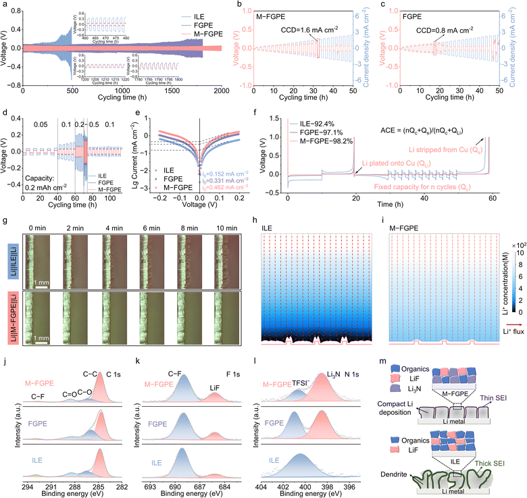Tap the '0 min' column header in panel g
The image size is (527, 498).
coord(55,219)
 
